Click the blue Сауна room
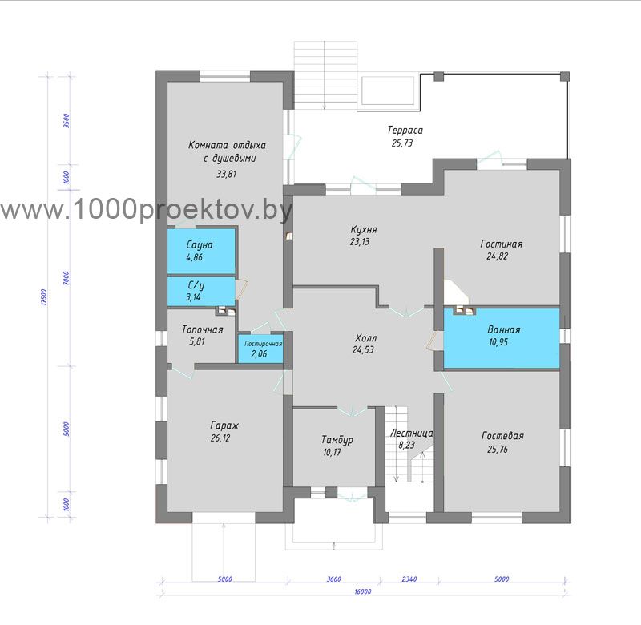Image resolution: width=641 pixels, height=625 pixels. coord(201,251)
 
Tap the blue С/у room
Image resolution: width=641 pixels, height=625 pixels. coord(201,291)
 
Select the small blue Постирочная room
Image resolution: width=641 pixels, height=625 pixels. coord(261,349)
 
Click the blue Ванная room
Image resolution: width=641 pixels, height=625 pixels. coord(502,338)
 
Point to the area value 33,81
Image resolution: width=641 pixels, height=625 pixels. coord(227,174)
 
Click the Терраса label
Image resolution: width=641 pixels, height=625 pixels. coord(405,131)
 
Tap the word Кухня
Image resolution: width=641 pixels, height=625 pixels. coord(364,229)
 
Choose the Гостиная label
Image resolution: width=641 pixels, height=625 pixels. coord(502,244)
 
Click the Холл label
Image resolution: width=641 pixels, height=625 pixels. coord(365,338)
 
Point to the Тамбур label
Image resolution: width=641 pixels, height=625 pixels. coord(337,440)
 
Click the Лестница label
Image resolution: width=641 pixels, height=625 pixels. coord(411,433)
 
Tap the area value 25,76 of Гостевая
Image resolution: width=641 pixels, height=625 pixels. coord(498,449)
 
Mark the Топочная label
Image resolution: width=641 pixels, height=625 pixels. coord(203,329)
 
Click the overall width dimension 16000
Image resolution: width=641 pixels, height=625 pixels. coord(363,591)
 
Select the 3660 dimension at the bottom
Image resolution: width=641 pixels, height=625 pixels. coord(333,579)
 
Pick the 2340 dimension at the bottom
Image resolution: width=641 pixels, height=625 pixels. coord(409,579)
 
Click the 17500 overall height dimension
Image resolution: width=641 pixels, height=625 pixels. coord(44,297)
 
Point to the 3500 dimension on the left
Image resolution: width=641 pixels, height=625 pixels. coord(67,121)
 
